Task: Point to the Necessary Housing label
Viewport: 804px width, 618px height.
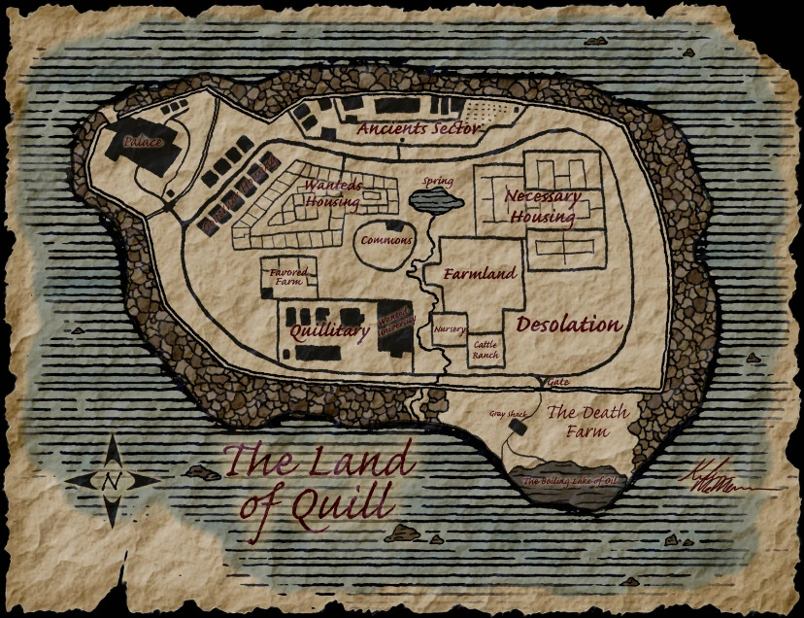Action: tap(542, 206)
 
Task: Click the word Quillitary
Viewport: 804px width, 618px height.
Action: tap(331, 332)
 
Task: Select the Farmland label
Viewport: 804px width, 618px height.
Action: tap(480, 274)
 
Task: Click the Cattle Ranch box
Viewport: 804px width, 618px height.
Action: tap(485, 350)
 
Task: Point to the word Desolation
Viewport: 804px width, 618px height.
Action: tap(568, 325)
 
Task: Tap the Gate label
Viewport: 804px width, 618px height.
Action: tap(557, 383)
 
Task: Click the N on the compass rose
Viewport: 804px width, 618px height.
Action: tap(112, 481)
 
